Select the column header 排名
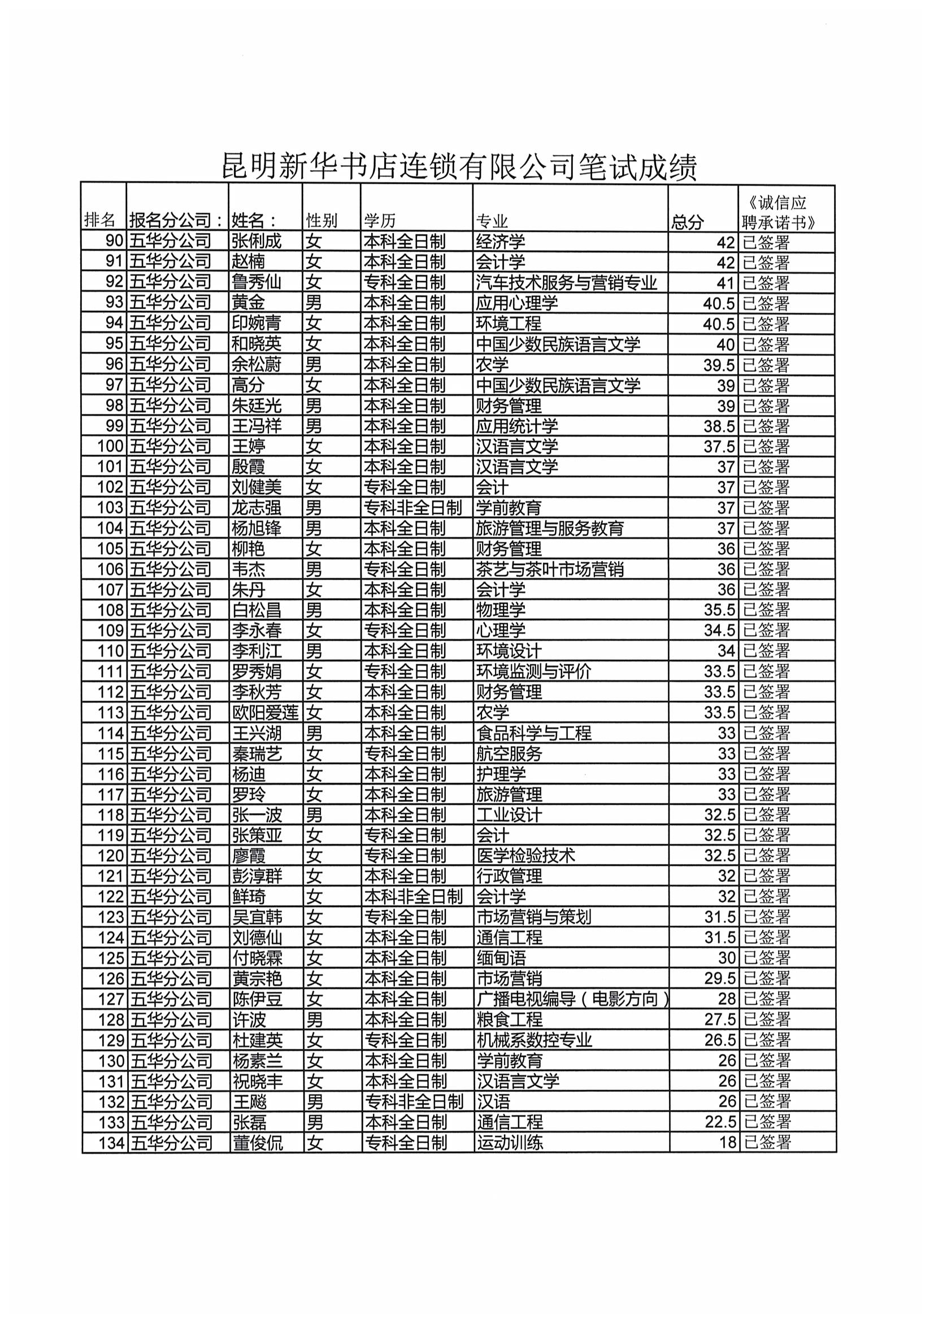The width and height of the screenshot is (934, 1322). (x=99, y=219)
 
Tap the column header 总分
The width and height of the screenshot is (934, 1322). (x=688, y=221)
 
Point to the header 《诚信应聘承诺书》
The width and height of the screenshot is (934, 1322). (x=778, y=212)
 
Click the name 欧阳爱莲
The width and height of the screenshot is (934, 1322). (x=266, y=712)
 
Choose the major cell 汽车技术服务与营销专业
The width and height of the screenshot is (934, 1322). (x=566, y=282)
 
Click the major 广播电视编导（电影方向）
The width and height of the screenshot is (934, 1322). (x=572, y=999)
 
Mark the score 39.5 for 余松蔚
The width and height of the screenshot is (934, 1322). (x=719, y=365)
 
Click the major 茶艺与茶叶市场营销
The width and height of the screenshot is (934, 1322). (x=550, y=569)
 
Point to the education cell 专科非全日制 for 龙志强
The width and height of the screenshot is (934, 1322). (x=412, y=507)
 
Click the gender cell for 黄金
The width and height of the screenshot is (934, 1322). (x=314, y=303)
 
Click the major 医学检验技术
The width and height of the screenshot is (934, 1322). (x=526, y=856)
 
